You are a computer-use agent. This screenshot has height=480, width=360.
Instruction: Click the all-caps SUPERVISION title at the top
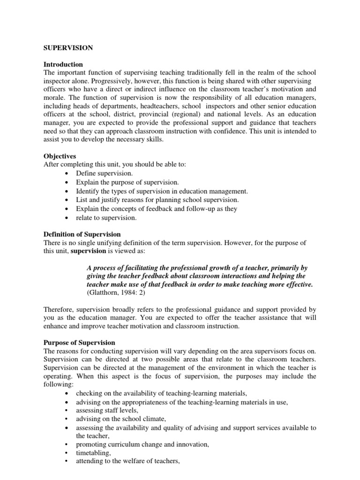[68, 48]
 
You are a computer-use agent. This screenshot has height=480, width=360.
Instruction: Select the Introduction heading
[63, 64]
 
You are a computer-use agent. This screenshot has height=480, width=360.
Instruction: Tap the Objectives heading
[60, 156]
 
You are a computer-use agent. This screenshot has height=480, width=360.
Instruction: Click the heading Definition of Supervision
[82, 234]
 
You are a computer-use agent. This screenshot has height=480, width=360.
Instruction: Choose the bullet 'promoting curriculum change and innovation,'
[142, 444]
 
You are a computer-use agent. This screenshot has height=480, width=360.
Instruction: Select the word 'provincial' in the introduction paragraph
[168, 114]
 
